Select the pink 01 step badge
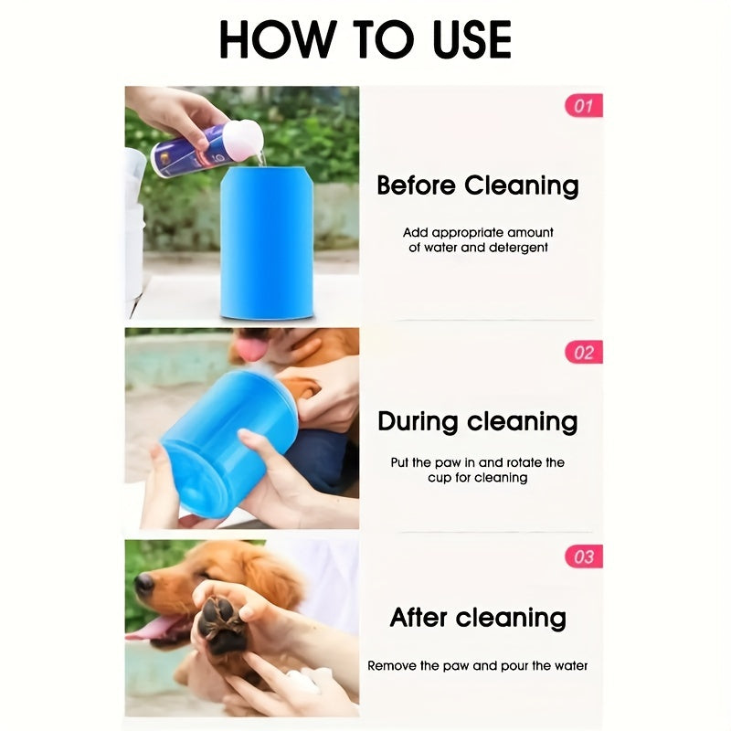click(x=583, y=106)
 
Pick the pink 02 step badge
click(x=583, y=353)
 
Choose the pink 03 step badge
click(x=583, y=556)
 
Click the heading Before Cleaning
click(x=478, y=185)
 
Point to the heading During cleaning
click(x=478, y=421)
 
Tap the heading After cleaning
click(x=478, y=618)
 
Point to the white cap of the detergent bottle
click(x=243, y=138)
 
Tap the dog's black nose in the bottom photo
click(x=144, y=583)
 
